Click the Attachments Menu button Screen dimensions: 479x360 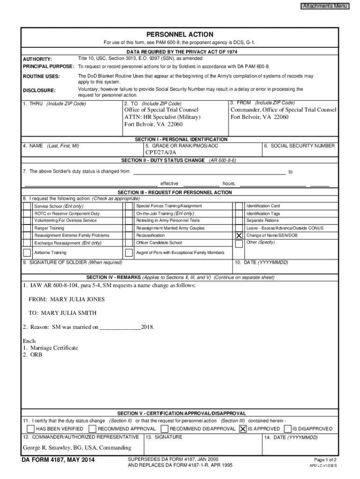324,6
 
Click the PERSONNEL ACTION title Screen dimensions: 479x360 180,35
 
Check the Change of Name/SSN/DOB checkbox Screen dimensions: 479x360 239,235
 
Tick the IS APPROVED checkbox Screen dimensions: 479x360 243,428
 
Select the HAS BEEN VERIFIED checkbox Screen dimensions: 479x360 31,428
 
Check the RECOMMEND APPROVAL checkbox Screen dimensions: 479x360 93,428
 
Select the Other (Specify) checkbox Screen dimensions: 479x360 239,243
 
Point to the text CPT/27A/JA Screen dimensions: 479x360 161,152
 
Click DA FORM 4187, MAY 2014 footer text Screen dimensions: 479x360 58,461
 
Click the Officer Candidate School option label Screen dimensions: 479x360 159,243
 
